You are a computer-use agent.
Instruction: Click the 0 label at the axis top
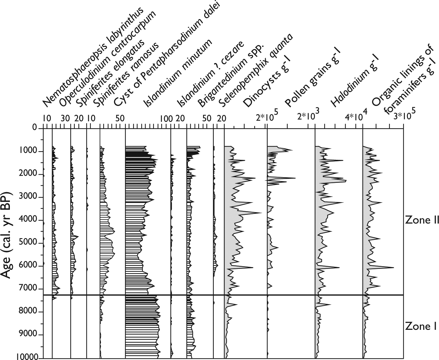[34, 127]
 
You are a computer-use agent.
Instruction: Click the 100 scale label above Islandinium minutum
[167, 119]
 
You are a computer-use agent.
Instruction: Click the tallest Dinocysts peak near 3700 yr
[261, 212]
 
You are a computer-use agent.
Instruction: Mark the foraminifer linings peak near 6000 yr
[394, 267]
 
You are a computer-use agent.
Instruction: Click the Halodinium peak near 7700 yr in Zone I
[331, 304]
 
